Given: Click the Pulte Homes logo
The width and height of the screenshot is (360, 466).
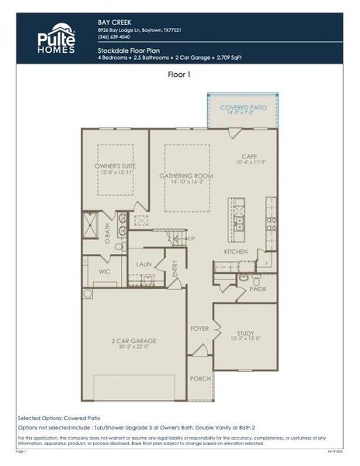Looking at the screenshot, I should (x=57, y=39).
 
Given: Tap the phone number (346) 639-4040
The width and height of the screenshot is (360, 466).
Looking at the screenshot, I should (x=115, y=37).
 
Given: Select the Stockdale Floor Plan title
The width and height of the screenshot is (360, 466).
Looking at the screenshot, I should (x=128, y=49).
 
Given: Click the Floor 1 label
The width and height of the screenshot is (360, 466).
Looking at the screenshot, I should (x=180, y=75).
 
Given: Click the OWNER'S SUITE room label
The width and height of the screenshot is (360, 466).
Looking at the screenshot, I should (x=115, y=165).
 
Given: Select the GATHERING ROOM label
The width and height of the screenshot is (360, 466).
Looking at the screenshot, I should (x=186, y=176).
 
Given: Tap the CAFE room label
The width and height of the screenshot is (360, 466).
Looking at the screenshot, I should (x=248, y=156).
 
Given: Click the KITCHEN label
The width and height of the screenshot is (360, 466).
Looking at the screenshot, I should (x=236, y=252).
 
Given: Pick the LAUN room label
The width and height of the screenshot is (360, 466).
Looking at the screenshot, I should (x=144, y=264).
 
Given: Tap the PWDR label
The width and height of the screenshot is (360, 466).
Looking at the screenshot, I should (x=258, y=289).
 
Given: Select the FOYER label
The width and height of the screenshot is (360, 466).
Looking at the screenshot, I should (x=200, y=329).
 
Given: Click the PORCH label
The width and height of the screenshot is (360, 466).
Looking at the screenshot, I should (x=201, y=378).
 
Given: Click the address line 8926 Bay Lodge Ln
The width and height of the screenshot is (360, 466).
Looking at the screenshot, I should (x=140, y=30).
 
